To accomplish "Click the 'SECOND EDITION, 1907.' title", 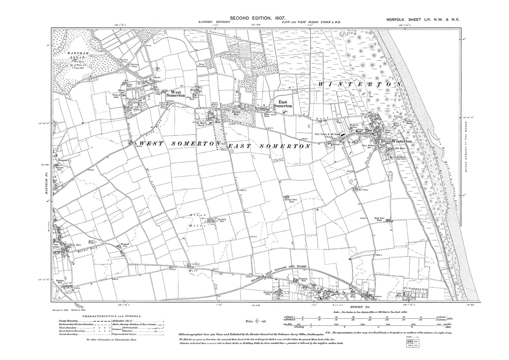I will click(x=257, y=18).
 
